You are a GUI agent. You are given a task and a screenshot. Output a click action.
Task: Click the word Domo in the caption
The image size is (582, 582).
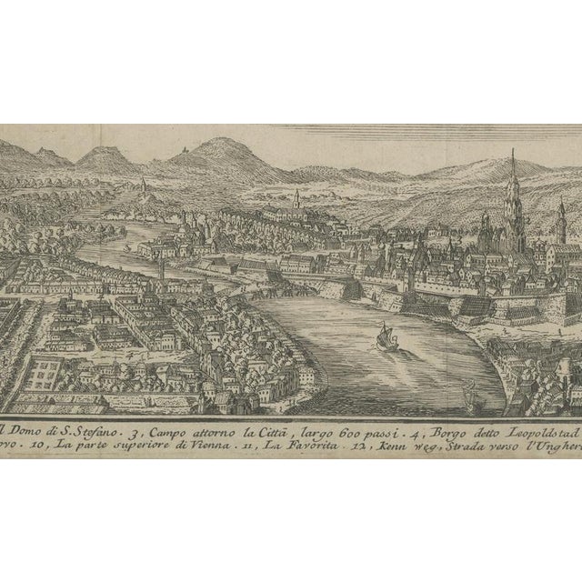(28, 422)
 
